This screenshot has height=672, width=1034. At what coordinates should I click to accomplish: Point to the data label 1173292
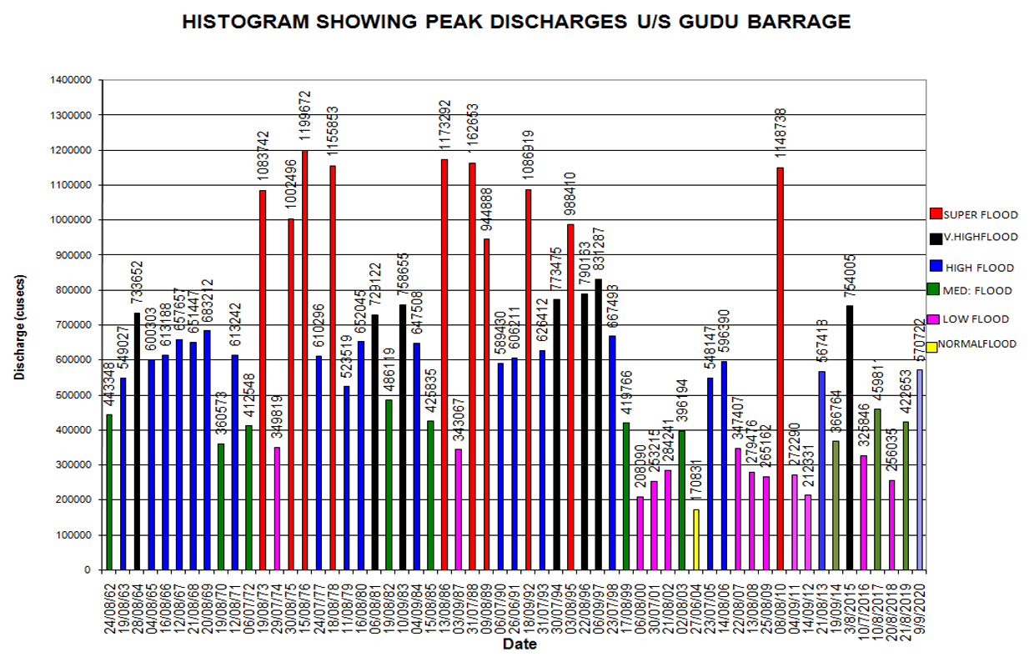[445, 128]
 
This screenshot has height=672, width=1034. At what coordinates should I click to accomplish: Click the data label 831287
[599, 253]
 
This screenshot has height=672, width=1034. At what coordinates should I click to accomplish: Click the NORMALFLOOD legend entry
[976, 344]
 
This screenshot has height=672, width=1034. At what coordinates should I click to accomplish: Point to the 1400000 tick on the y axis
[71, 80]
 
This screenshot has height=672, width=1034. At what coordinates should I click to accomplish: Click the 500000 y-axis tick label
[73, 394]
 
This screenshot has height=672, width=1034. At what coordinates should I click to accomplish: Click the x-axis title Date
[519, 644]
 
